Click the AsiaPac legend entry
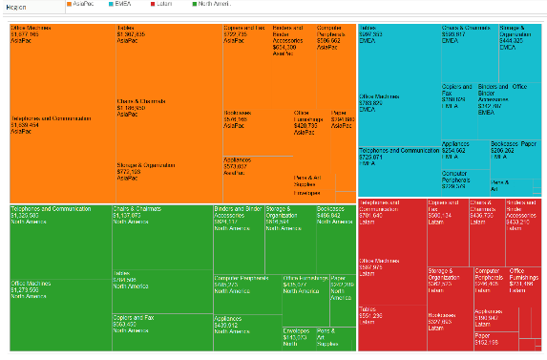click(85, 6)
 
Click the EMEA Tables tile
click(391, 57)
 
